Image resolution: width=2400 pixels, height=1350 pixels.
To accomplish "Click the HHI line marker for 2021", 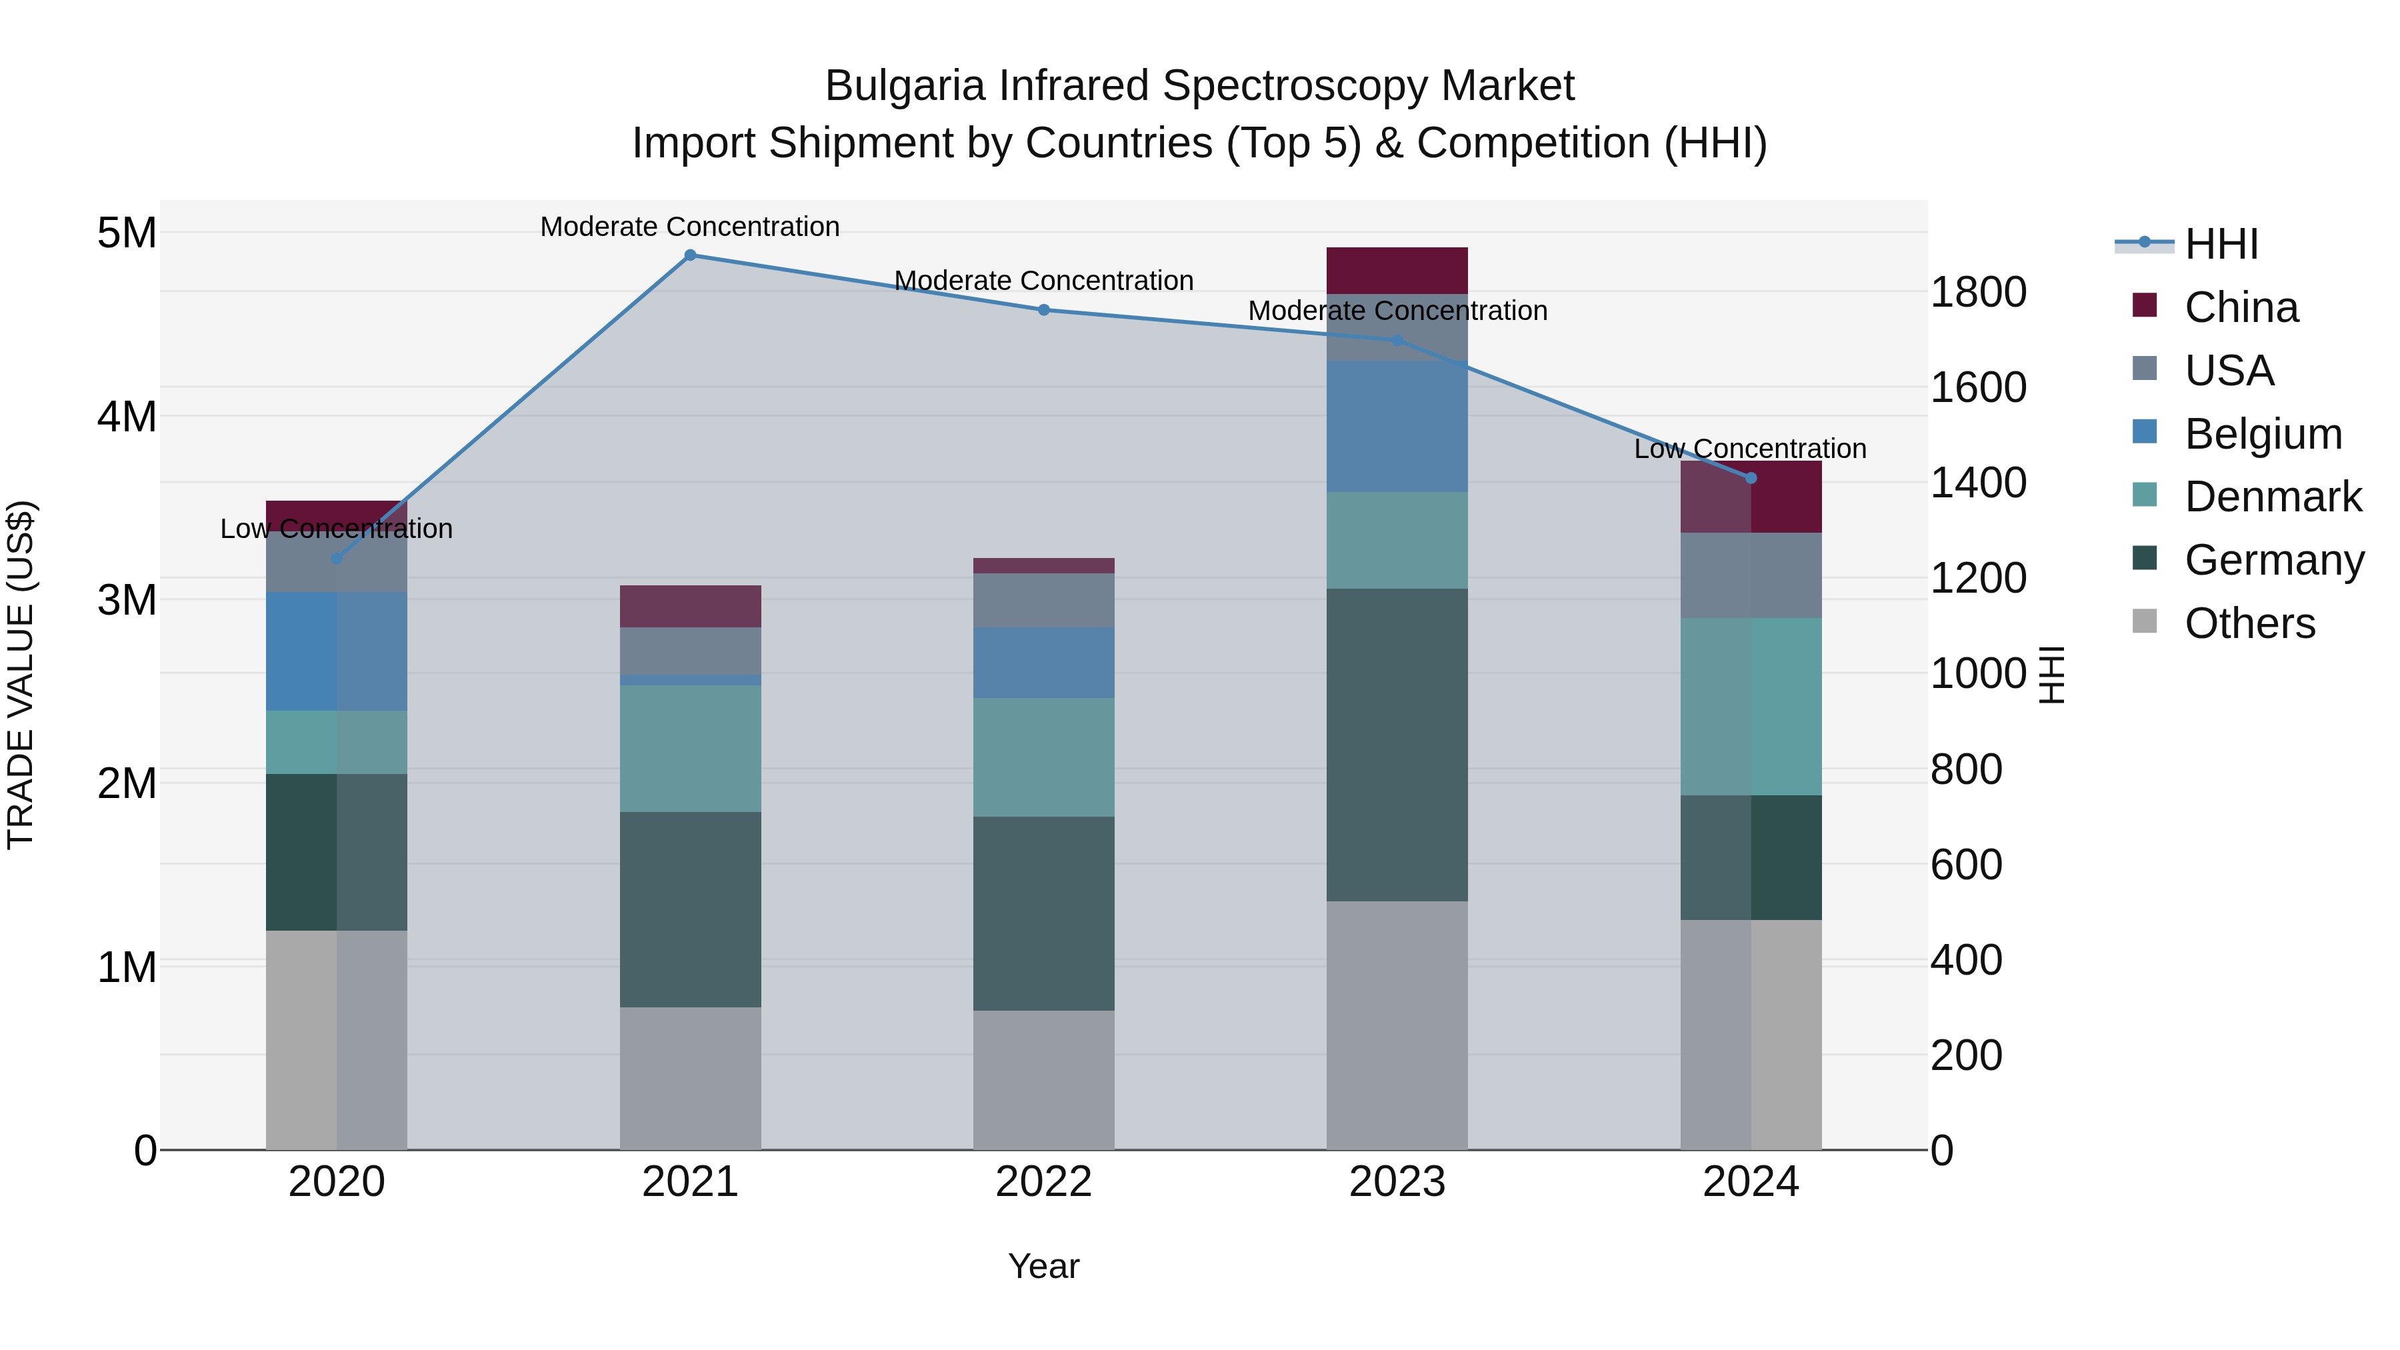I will coord(689,255).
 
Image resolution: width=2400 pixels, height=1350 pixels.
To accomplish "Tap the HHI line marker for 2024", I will coord(1751,478).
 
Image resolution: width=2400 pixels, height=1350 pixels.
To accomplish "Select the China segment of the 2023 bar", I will coord(1397,270).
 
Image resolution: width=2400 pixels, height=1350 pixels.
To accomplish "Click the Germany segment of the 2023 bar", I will coord(1397,745).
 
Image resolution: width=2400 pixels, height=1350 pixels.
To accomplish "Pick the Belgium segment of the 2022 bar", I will coord(1043,663).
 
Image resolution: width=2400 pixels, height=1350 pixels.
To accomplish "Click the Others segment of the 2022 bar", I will coord(1043,1080).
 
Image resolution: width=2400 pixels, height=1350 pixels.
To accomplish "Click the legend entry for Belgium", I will coord(2262,434).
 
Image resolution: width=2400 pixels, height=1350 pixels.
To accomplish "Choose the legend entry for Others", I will coord(2249,623).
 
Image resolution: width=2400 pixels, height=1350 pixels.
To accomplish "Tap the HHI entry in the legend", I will coord(2221,244).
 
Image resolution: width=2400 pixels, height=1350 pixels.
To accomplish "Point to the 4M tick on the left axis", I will coord(127,417).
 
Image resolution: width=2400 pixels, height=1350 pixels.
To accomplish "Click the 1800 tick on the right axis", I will coord(1977,293).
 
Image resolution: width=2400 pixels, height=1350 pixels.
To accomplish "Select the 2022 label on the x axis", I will coord(1043,1182).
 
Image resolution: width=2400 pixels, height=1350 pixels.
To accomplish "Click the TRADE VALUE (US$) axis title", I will coord(21,675).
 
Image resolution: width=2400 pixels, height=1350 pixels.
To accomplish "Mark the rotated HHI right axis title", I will coord(2053,675).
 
